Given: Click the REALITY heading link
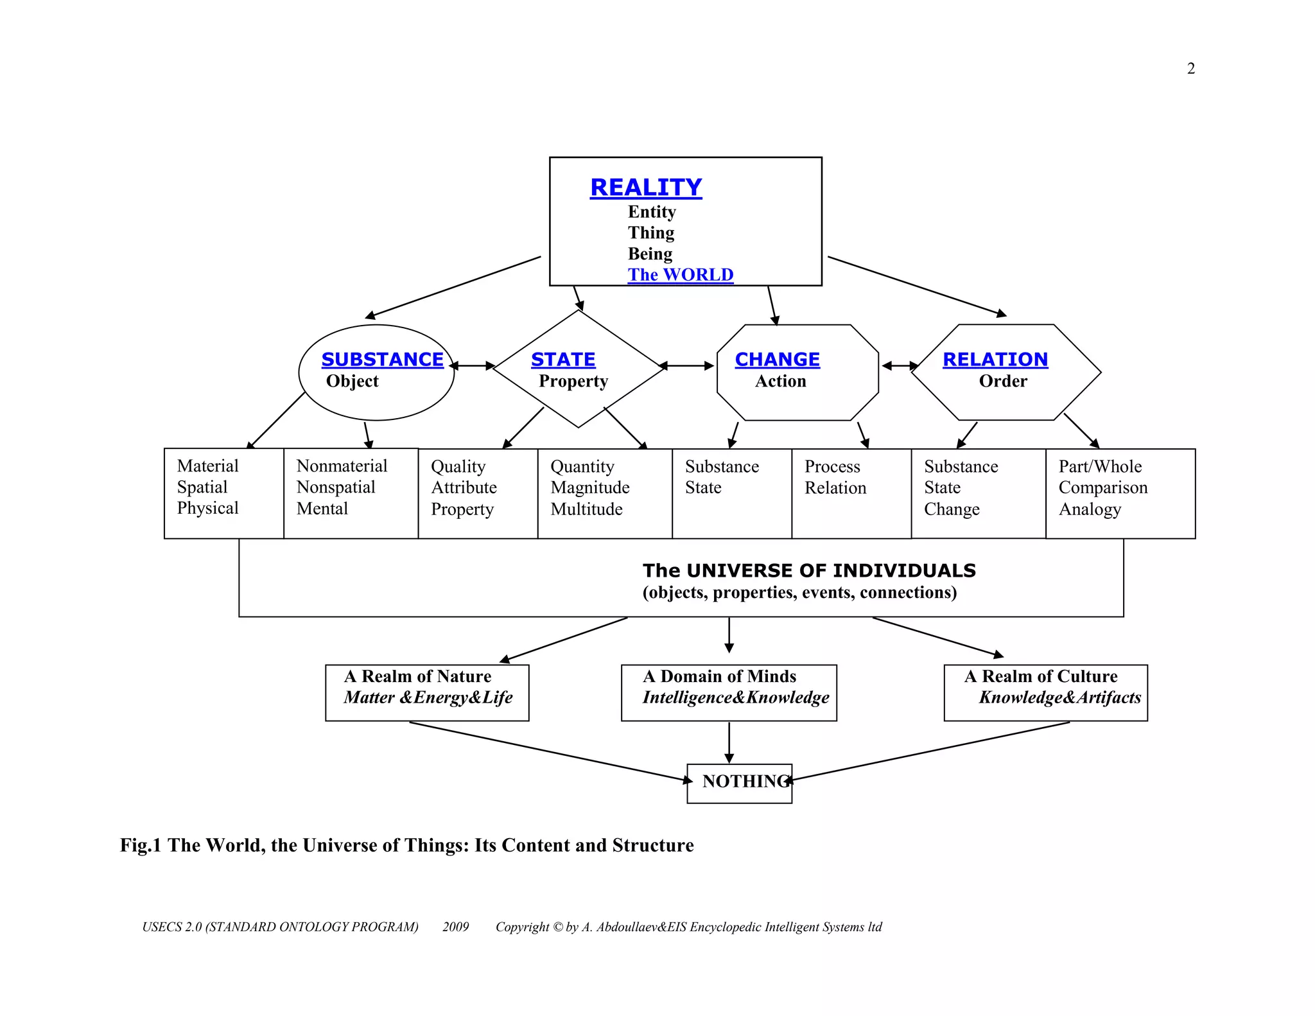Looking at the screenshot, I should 646,188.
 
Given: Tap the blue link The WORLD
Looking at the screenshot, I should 680,275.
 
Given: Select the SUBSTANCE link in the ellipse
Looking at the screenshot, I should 382,360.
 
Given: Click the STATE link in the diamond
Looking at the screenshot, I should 563,360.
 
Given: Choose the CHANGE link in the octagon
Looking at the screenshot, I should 777,360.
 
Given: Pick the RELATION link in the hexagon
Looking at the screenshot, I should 995,360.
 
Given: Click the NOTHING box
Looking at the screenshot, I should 740,782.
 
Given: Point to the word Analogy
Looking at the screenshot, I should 1090,509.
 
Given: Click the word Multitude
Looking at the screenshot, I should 586,509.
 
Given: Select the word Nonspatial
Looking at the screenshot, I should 336,487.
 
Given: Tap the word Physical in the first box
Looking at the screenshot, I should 207,508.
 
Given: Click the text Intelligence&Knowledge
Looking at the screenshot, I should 736,697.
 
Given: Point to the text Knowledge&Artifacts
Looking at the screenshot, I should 1059,697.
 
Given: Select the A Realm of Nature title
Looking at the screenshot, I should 417,676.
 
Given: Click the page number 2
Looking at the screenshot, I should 1191,69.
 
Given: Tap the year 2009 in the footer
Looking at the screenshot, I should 455,927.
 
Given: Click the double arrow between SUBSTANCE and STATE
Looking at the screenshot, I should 473,366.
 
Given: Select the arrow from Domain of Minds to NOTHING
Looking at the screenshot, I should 729,742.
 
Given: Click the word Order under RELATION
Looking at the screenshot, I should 1002,381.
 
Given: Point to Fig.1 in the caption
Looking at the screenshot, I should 140,845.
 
